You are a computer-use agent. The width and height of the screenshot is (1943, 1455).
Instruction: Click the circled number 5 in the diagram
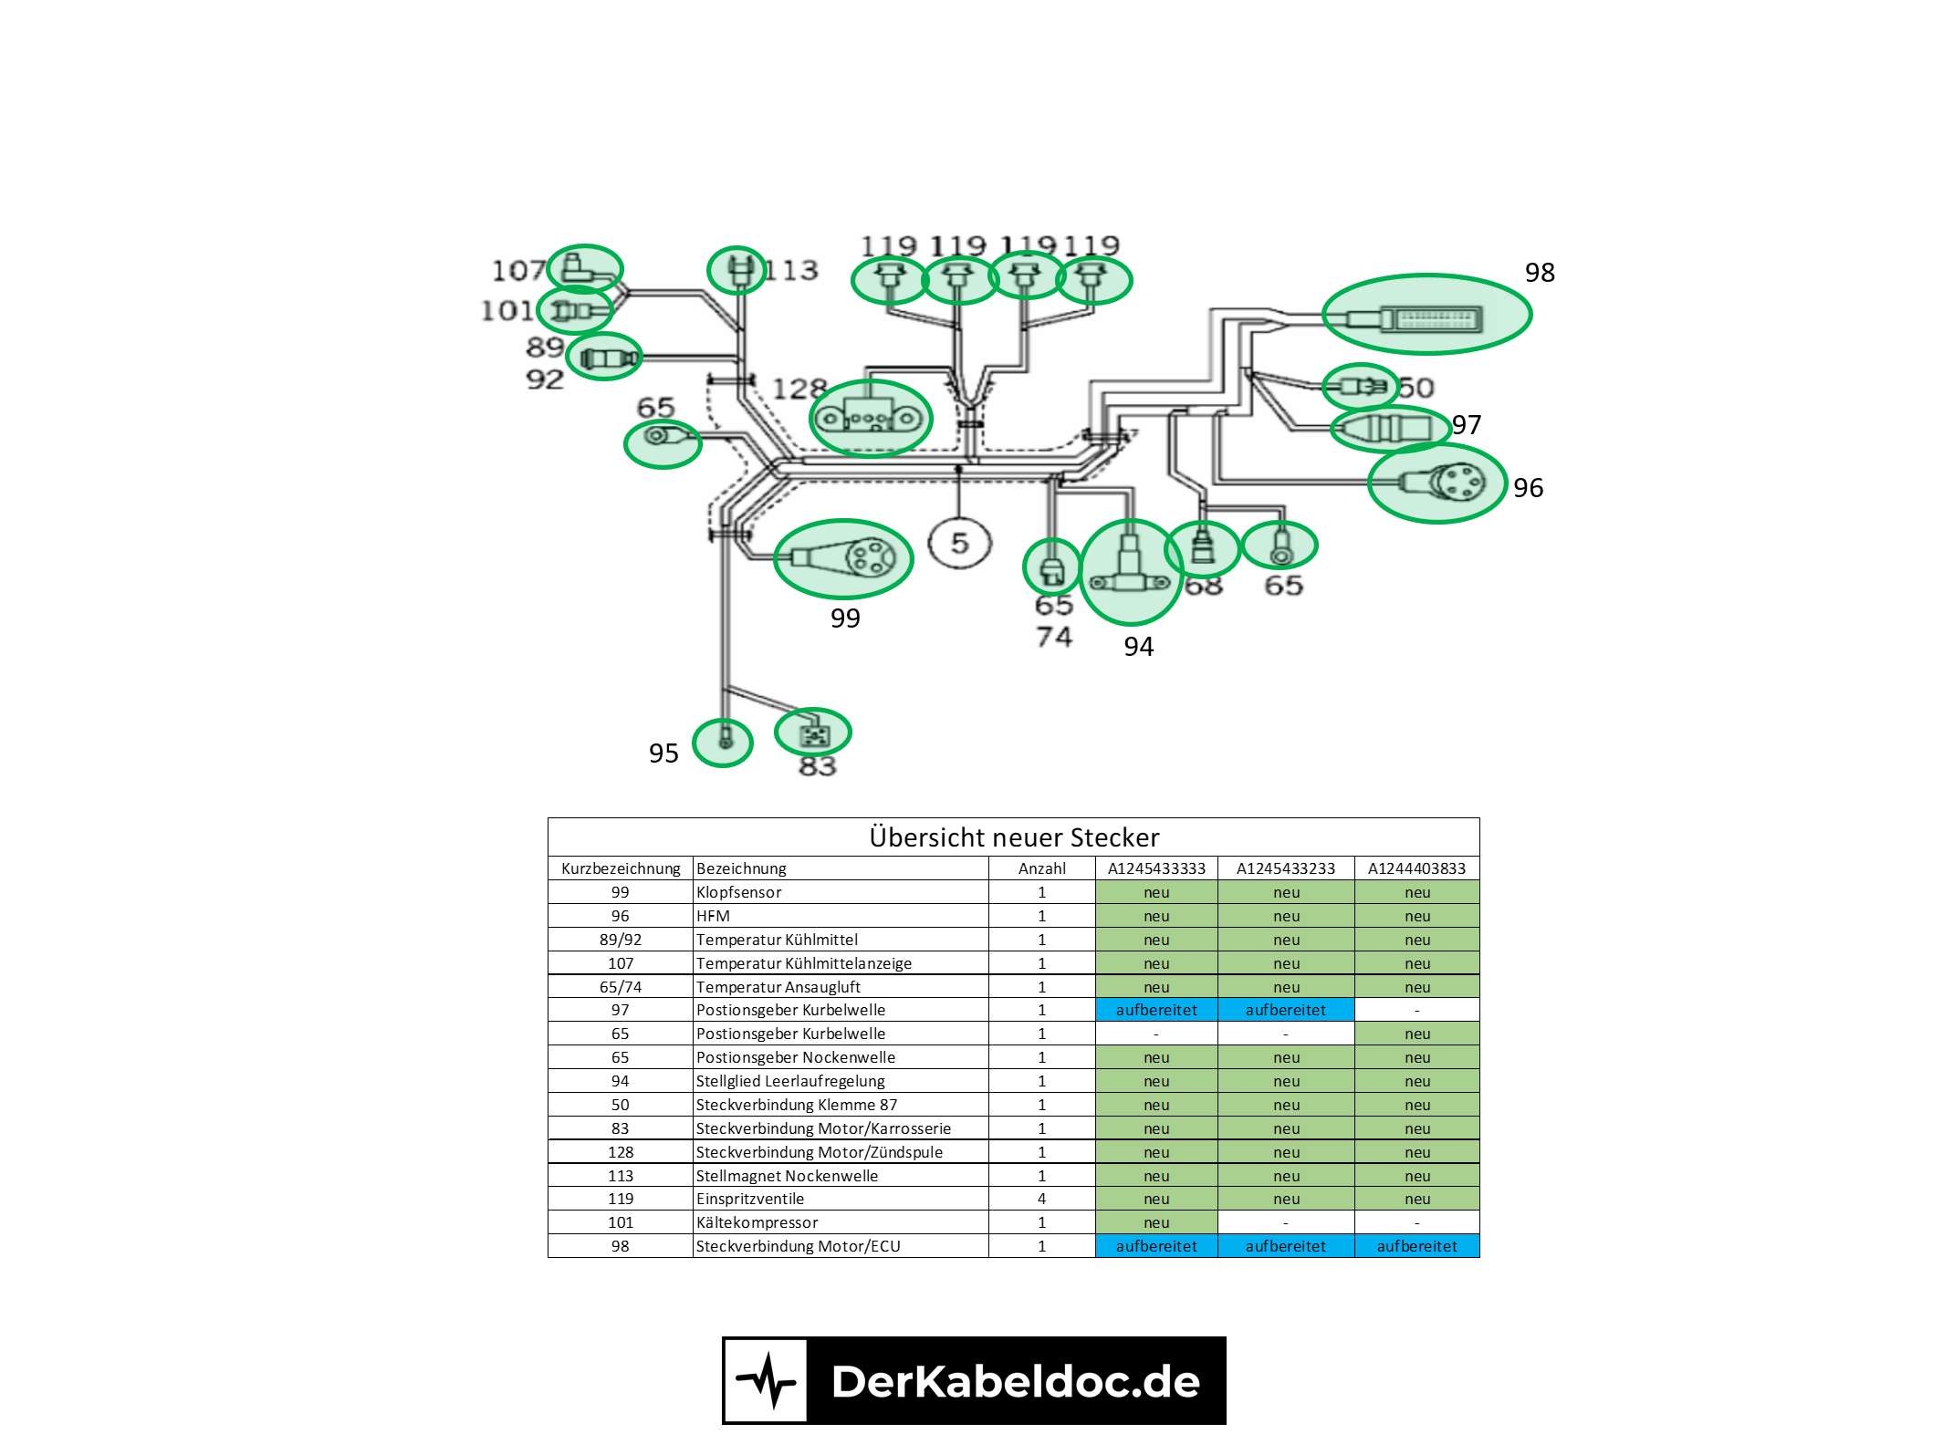(959, 544)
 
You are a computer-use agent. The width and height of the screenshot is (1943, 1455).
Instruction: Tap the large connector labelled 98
(1426, 315)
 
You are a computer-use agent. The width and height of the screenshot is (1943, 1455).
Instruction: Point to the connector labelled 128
(870, 419)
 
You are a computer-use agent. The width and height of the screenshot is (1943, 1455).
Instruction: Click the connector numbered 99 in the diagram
(843, 558)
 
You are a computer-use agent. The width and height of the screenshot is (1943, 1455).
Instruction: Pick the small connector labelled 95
(723, 743)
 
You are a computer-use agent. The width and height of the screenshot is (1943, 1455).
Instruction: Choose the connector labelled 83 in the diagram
(813, 733)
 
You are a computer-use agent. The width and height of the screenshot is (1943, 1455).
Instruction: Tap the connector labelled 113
(736, 270)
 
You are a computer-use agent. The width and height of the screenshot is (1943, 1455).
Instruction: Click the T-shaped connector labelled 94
(1131, 571)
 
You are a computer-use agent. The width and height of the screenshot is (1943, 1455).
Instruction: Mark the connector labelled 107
(584, 269)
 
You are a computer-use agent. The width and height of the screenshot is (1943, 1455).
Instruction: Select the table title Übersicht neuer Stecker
(1013, 837)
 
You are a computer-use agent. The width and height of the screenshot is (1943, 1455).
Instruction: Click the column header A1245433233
(1285, 868)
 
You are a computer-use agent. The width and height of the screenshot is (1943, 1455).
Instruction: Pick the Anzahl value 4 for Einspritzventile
(1041, 1199)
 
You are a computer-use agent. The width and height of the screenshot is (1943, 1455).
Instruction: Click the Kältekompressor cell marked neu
(1155, 1222)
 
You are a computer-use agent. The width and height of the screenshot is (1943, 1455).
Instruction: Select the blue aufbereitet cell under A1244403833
(1416, 1246)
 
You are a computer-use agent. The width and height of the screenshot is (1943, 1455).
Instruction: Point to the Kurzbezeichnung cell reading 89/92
(620, 940)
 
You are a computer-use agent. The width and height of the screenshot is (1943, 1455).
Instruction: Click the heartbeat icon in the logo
(766, 1381)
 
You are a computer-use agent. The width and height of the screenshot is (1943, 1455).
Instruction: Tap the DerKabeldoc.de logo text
(1015, 1381)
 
